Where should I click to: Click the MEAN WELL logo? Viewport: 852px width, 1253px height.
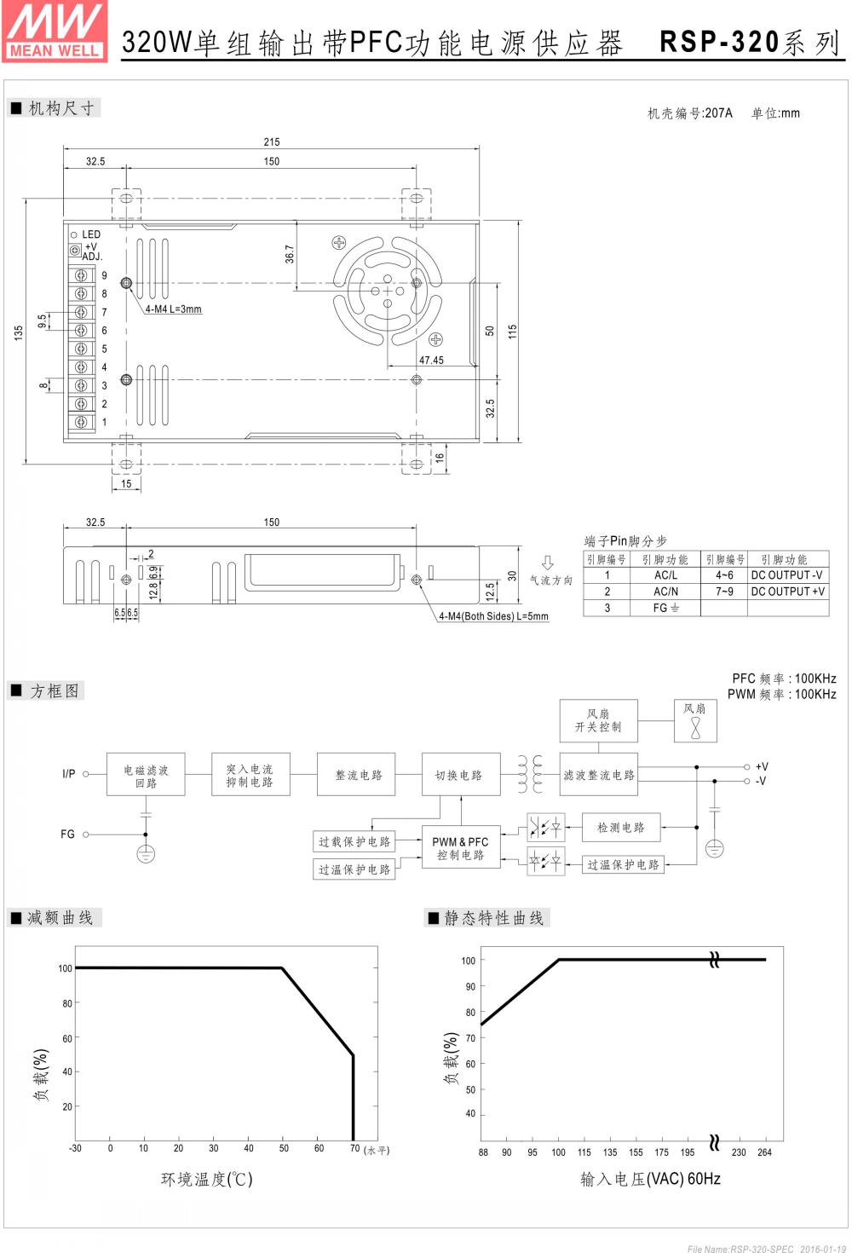point(55,32)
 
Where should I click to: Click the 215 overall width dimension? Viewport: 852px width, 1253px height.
point(271,141)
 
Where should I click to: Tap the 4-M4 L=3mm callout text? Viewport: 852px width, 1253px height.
point(173,309)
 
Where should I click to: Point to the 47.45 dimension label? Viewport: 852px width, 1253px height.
point(431,361)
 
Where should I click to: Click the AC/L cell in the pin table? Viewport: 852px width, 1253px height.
point(665,575)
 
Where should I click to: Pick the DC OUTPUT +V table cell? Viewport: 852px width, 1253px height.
point(787,592)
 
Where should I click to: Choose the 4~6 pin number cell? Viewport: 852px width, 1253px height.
point(724,575)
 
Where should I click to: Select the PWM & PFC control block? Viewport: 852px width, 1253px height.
point(460,848)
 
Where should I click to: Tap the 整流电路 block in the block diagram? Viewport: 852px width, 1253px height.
point(358,775)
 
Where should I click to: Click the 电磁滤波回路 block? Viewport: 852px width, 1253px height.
point(146,776)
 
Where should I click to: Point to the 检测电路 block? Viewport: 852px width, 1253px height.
point(621,828)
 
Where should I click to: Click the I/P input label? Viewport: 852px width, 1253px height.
point(68,774)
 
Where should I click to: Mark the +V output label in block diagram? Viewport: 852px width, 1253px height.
point(762,767)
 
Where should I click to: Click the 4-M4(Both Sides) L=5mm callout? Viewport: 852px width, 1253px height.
point(493,616)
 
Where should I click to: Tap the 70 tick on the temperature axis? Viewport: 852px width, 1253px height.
point(354,1148)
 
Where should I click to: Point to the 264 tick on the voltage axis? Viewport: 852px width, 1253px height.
point(764,1152)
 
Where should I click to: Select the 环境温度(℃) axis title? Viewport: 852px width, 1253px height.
point(207,1180)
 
